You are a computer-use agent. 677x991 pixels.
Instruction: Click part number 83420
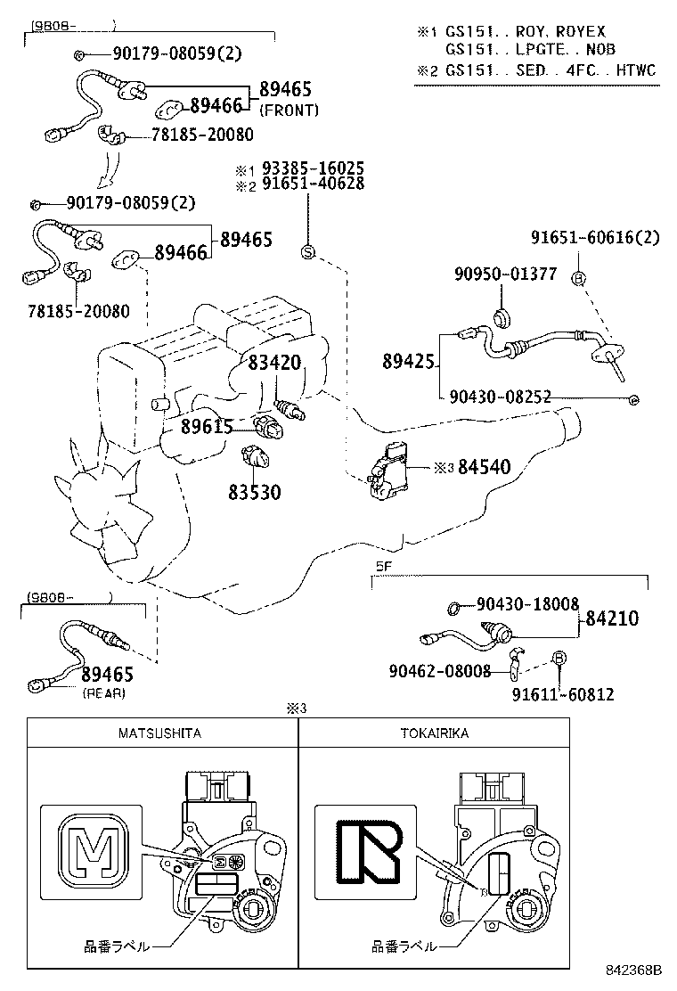274,363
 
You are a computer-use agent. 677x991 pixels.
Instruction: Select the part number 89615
207,426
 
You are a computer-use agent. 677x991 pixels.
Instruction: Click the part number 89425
408,361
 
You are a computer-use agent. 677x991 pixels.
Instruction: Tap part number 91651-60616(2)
595,237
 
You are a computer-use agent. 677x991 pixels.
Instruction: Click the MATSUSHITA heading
160,733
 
